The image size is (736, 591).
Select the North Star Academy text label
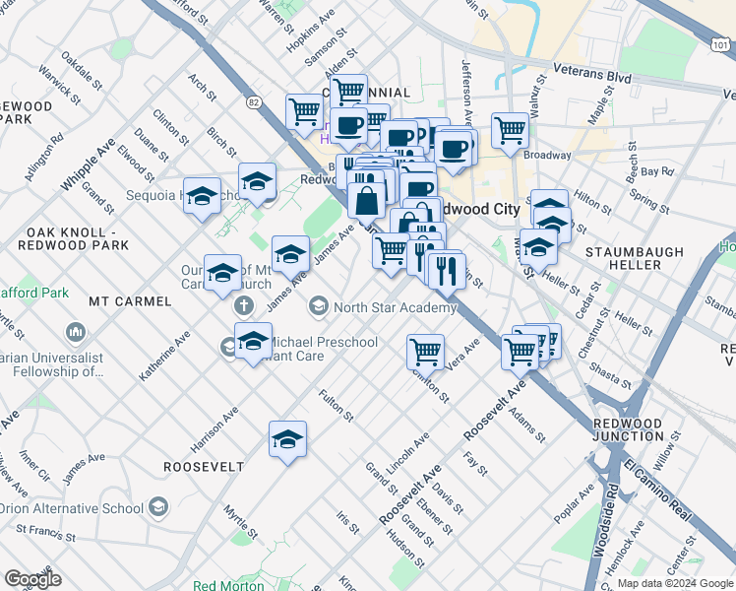pos(395,308)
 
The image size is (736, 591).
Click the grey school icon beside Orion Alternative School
pos(158,508)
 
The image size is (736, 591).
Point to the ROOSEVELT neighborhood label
pos(203,466)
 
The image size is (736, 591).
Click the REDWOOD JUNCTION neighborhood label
pos(629,429)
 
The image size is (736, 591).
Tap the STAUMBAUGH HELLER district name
pos(635,259)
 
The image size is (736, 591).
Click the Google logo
pos(33,578)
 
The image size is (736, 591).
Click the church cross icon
pos(243,306)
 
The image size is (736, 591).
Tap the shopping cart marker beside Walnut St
pos(510,129)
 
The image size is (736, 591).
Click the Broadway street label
pos(547,155)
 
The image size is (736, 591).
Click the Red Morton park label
pos(228,585)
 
